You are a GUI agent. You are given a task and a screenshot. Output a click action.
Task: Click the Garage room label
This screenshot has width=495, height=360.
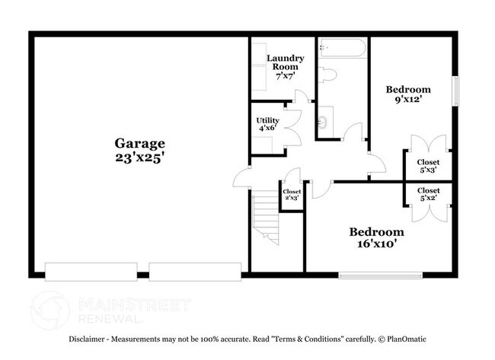(139, 142)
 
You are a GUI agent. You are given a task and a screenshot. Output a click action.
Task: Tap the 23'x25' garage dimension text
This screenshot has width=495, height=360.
(139, 158)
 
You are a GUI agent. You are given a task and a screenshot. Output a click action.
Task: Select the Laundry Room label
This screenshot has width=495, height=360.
(285, 62)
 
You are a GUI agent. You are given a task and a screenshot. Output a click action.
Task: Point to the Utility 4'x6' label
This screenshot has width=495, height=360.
(267, 124)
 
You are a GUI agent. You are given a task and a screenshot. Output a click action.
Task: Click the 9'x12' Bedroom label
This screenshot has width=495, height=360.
(407, 93)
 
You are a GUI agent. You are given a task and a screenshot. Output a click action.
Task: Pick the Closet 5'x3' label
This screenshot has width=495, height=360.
(428, 166)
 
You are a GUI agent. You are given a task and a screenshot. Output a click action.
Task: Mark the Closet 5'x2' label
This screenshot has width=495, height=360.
(428, 194)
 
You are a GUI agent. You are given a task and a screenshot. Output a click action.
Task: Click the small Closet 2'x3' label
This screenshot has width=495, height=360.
(292, 195)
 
